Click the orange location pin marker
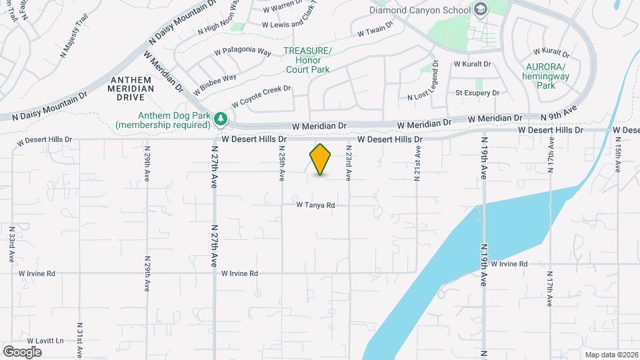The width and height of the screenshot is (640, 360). pyautogui.click(x=320, y=160)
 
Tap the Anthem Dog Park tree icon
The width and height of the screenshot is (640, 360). pyautogui.click(x=221, y=120)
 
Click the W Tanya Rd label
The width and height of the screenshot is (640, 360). pyautogui.click(x=316, y=205)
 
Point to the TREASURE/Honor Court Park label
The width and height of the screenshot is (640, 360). pyautogui.click(x=307, y=60)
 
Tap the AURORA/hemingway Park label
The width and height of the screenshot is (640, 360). pyautogui.click(x=545, y=77)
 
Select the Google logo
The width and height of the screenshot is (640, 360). pyautogui.click(x=22, y=351)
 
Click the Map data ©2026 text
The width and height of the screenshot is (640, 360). pyautogui.click(x=611, y=354)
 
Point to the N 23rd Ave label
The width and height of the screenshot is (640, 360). pyautogui.click(x=349, y=163)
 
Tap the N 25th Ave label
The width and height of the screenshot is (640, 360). pyautogui.click(x=282, y=163)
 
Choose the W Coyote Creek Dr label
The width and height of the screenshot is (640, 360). pyautogui.click(x=261, y=97)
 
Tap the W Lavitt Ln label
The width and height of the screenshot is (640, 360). pyautogui.click(x=41, y=340)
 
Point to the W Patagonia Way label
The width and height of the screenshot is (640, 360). pyautogui.click(x=242, y=51)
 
